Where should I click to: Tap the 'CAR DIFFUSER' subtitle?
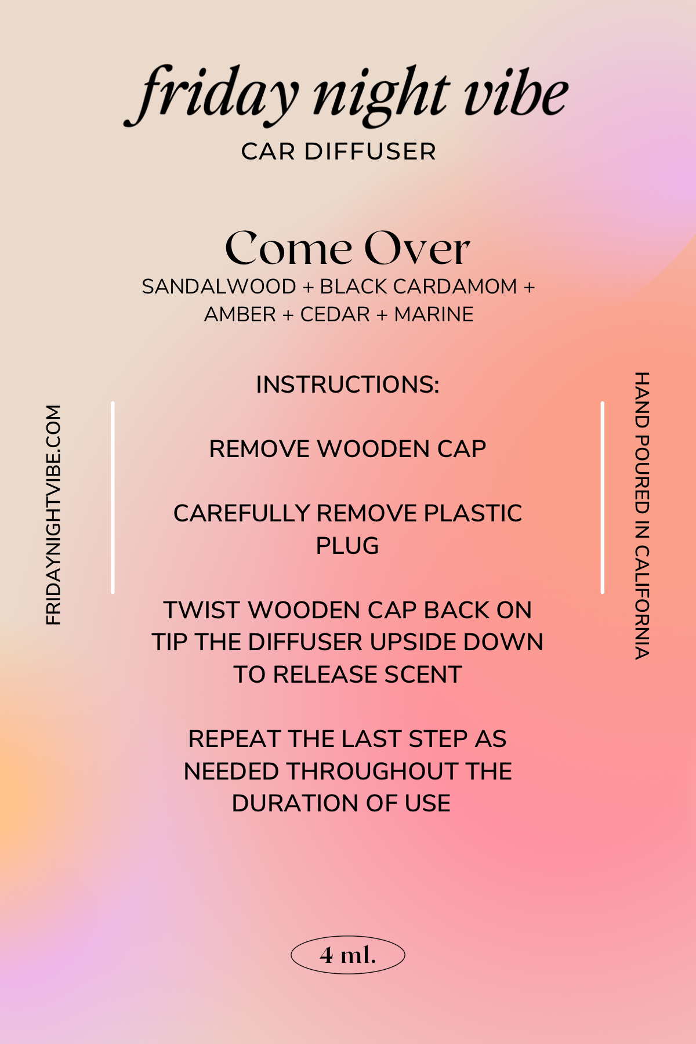pos(339,151)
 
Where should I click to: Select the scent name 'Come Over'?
pos(347,248)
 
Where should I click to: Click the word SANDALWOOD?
pos(219,287)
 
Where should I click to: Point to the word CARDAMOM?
pos(455,287)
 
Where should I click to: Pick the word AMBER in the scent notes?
pos(240,314)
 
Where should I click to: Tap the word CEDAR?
pos(335,314)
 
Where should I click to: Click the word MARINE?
pos(434,314)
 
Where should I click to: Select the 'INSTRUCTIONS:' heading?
pos(348,385)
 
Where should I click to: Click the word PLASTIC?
pos(473,513)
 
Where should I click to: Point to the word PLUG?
pos(347,546)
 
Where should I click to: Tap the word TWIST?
pos(202,610)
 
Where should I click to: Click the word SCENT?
pos(423,675)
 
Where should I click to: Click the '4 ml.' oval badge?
pos(348,955)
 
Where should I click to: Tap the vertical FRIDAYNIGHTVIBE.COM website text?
pos(53,515)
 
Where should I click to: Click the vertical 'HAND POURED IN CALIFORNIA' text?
pos(641,516)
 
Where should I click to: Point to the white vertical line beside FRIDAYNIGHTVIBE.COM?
pos(113,497)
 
